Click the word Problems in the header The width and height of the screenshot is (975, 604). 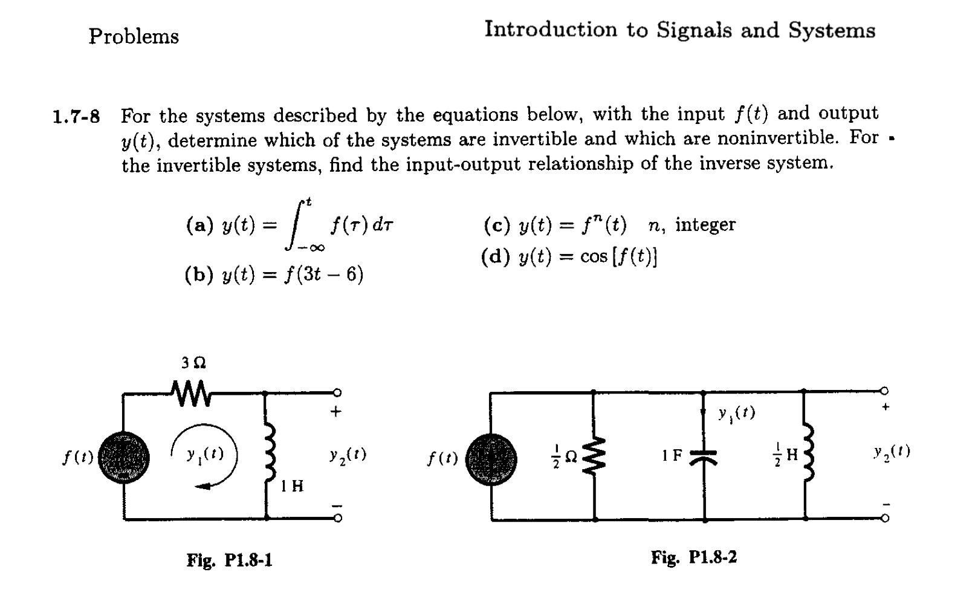[134, 37]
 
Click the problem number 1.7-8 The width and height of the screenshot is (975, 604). [76, 115]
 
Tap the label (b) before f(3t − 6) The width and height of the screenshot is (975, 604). [199, 275]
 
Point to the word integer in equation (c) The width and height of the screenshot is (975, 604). [705, 225]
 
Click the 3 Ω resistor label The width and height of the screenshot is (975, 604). [193, 363]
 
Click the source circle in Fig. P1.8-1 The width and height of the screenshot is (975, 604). [123, 458]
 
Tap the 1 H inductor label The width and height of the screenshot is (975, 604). [292, 486]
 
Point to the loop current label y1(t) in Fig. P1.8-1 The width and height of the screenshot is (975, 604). [204, 454]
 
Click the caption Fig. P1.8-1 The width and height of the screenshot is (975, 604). [229, 560]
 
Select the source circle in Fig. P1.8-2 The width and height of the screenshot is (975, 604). [491, 458]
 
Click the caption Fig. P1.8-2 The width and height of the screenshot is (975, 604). [693, 557]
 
